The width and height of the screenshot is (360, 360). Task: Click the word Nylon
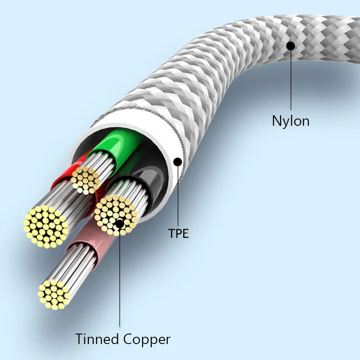click(290, 121)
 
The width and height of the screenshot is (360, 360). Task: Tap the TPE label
click(178, 234)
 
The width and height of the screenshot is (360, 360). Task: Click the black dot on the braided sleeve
click(290, 46)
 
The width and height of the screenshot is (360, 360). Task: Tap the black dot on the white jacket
click(178, 161)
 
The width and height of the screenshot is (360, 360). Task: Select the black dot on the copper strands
click(119, 224)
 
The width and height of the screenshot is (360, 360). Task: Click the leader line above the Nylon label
click(290, 82)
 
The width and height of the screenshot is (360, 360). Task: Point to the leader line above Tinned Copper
click(120, 283)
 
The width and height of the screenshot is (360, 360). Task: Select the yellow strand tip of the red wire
click(46, 226)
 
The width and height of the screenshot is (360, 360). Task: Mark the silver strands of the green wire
click(102, 164)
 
